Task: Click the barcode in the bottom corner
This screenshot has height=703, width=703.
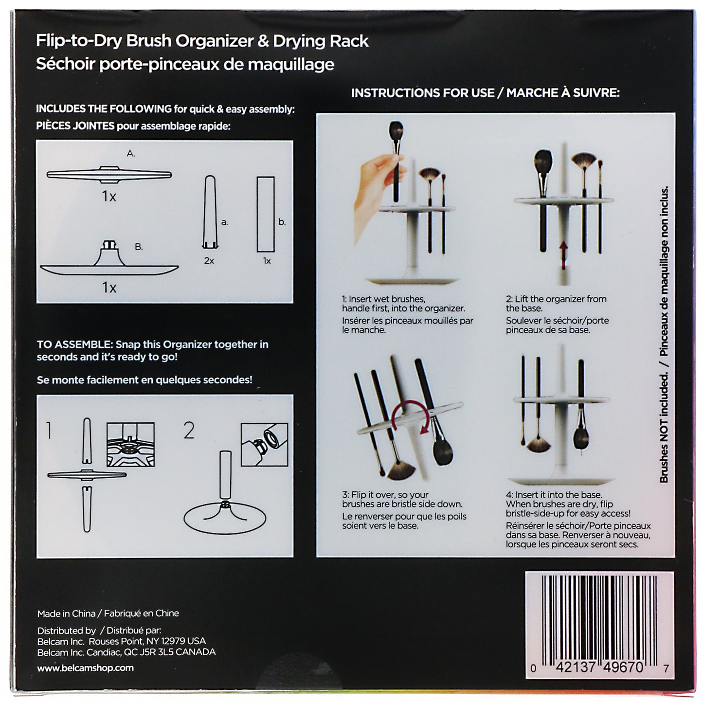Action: pyautogui.click(x=599, y=618)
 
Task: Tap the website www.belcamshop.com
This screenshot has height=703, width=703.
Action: pyautogui.click(x=85, y=668)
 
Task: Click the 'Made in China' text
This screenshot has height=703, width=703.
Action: pyautogui.click(x=67, y=613)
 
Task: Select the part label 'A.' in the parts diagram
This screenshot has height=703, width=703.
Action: pyautogui.click(x=131, y=154)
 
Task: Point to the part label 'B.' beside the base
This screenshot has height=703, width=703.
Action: pyautogui.click(x=139, y=247)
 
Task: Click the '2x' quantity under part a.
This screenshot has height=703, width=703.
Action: pyautogui.click(x=209, y=261)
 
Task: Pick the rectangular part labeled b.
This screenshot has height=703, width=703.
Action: pyautogui.click(x=266, y=214)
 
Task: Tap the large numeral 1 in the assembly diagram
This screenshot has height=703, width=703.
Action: pyautogui.click(x=49, y=430)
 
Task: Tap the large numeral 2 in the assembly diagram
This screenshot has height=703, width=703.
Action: pyautogui.click(x=189, y=430)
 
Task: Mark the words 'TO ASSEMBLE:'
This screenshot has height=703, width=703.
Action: pyautogui.click(x=74, y=344)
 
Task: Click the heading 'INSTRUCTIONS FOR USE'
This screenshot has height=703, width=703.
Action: pyautogui.click(x=422, y=93)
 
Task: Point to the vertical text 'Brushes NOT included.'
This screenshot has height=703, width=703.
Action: pyautogui.click(x=664, y=428)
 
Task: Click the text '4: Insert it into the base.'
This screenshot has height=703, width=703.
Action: pyautogui.click(x=554, y=495)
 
